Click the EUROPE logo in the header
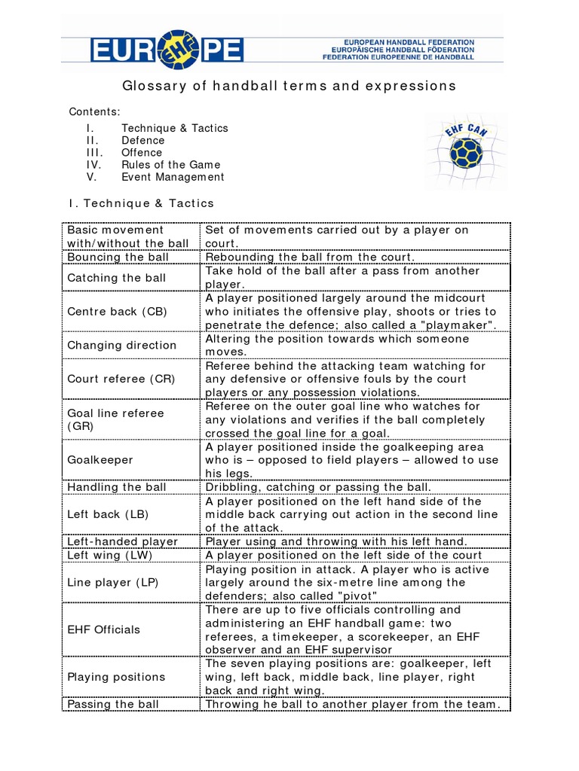[167, 50]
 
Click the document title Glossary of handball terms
[289, 86]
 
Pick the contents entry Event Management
[173, 177]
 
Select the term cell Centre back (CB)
[117, 311]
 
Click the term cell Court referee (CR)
[121, 379]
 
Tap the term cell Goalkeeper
[100, 459]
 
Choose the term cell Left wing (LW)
[109, 555]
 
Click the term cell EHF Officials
[103, 629]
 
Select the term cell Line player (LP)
[113, 582]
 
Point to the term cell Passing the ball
[113, 704]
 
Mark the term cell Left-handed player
[122, 541]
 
